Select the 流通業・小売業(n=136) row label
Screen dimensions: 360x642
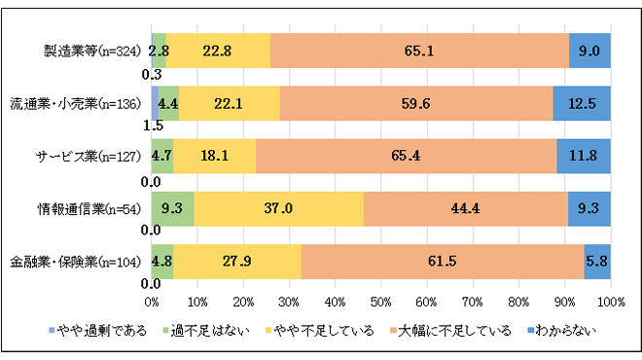point(78,102)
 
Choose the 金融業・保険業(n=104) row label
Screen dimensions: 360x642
point(78,261)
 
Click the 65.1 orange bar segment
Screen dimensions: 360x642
point(419,51)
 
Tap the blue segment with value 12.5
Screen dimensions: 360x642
point(582,102)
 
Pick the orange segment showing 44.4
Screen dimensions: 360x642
point(465,208)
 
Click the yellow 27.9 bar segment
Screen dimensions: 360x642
point(236,261)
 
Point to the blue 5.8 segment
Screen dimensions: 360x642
point(597,261)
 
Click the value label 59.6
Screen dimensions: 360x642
point(416,102)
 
